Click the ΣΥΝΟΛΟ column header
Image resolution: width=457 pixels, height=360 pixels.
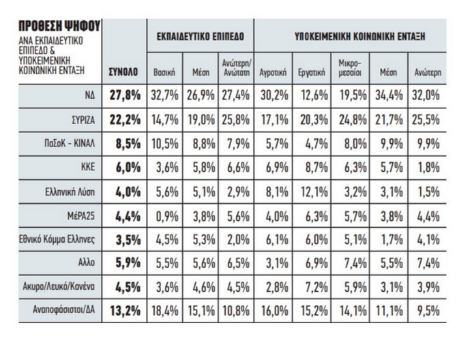tap(125, 70)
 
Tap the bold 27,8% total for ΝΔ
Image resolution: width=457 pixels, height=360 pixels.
tap(125, 95)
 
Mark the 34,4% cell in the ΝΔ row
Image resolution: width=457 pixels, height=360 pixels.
tap(387, 95)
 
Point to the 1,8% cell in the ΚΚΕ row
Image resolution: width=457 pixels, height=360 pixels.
tap(424, 167)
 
